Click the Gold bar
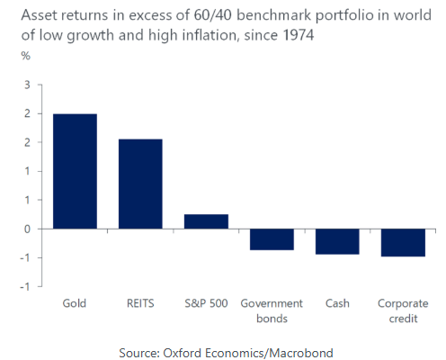[75, 171]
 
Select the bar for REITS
[140, 184]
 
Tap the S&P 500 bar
[206, 221]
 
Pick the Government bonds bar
[272, 239]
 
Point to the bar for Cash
[337, 241]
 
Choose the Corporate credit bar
[403, 243]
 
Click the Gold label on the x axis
[75, 303]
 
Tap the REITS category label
[140, 303]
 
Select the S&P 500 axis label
[206, 303]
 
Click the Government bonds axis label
[272, 310]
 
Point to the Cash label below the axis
[337, 303]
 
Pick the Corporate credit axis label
[403, 310]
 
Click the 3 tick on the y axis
[27, 85]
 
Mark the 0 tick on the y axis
[27, 229]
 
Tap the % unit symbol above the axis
[26, 56]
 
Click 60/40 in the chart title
[212, 15]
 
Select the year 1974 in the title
[299, 35]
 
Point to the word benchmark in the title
[274, 15]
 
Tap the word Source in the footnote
[139, 353]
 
